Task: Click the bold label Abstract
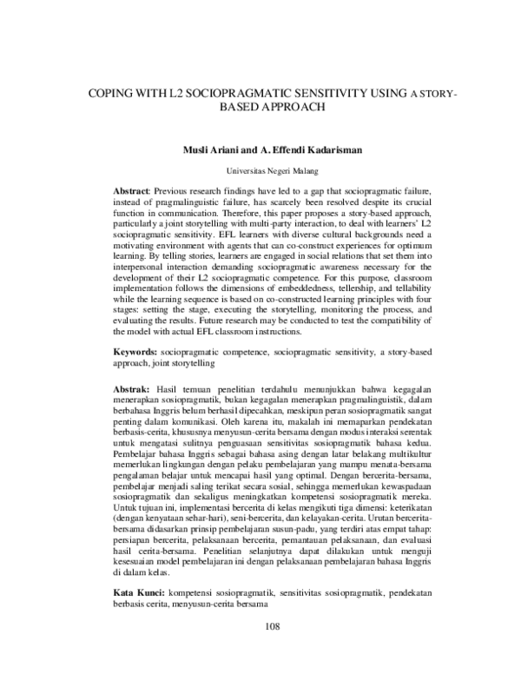click(x=133, y=189)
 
